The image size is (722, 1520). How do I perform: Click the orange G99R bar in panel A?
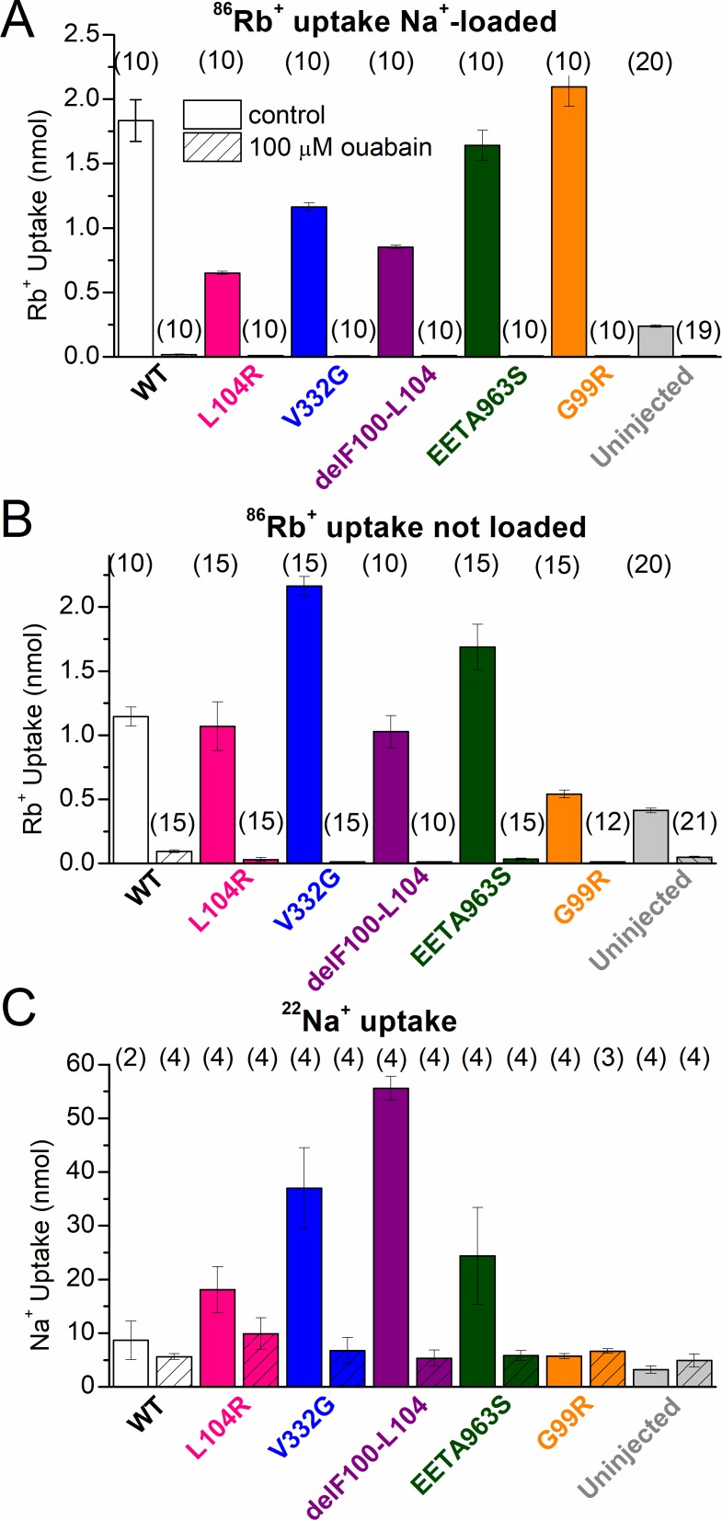(x=567, y=222)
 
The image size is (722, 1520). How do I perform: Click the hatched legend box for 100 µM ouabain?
(x=212, y=147)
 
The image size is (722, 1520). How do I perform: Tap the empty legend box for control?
(x=212, y=114)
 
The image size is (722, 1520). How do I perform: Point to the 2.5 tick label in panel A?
(x=82, y=35)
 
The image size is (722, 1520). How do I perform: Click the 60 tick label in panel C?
(x=80, y=1064)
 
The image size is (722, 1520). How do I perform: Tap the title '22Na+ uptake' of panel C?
(x=370, y=1020)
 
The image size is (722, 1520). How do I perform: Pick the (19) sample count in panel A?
(x=697, y=330)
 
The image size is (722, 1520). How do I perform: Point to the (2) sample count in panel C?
(x=131, y=1057)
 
